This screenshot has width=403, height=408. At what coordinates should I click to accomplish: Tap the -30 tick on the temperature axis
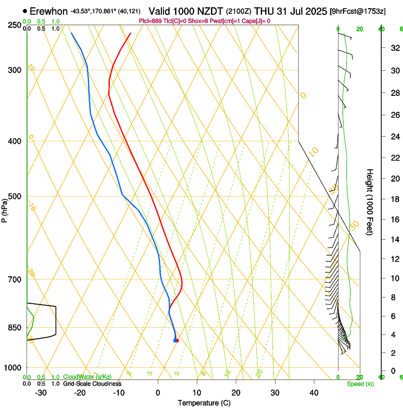click(41, 393)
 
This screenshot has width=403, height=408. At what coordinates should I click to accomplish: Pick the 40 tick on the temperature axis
click(313, 393)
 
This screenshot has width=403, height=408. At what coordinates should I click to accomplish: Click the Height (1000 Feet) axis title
click(370, 202)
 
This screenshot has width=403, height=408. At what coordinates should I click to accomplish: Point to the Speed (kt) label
click(360, 384)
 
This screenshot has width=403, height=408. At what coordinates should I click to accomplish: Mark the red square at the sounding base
click(177, 341)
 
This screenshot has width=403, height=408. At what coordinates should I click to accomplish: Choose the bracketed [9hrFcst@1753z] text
click(357, 11)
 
